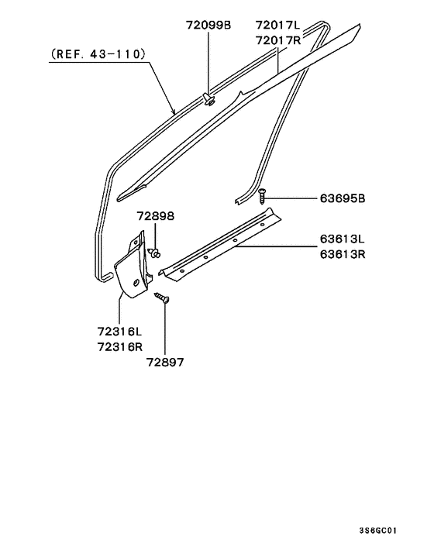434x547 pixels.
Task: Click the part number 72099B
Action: (208, 26)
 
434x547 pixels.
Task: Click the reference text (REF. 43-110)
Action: (98, 54)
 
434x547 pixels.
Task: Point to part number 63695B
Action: (342, 198)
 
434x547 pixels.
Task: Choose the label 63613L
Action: (342, 239)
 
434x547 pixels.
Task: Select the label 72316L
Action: (121, 331)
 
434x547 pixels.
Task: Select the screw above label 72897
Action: (162, 298)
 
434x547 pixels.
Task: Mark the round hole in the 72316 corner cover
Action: (136, 284)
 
